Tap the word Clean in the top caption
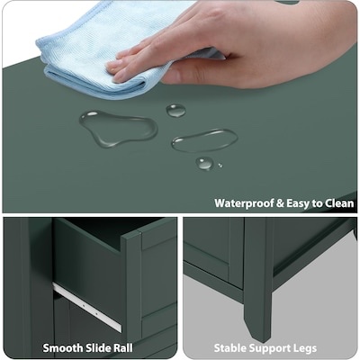click(x=339, y=203)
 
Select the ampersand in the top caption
click(x=280, y=203)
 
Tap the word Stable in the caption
click(x=230, y=348)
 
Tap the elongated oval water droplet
click(x=204, y=140)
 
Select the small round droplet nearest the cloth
click(x=175, y=111)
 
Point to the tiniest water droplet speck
click(x=220, y=166)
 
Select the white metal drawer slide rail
click(x=87, y=307)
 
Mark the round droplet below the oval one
click(x=205, y=164)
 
